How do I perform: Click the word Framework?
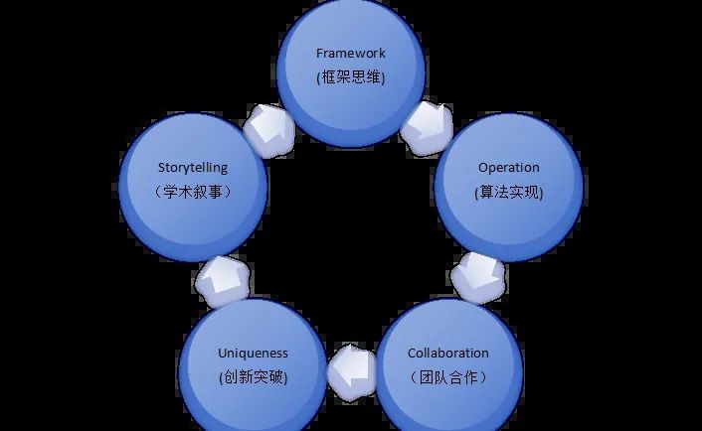(350, 53)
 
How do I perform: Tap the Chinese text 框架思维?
(350, 77)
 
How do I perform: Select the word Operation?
(508, 167)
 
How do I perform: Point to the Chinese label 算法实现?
(509, 192)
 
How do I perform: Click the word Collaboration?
(447, 353)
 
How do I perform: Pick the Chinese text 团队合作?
(448, 377)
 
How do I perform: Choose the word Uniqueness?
(253, 353)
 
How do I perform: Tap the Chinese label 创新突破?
(253, 377)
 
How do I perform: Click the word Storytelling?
(193, 167)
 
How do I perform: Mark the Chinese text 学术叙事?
(194, 192)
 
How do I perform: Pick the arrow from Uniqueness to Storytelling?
(223, 279)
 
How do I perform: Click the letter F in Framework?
(319, 53)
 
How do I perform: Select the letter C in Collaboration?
(412, 353)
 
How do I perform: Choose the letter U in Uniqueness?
(222, 353)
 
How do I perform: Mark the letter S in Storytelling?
(161, 167)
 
